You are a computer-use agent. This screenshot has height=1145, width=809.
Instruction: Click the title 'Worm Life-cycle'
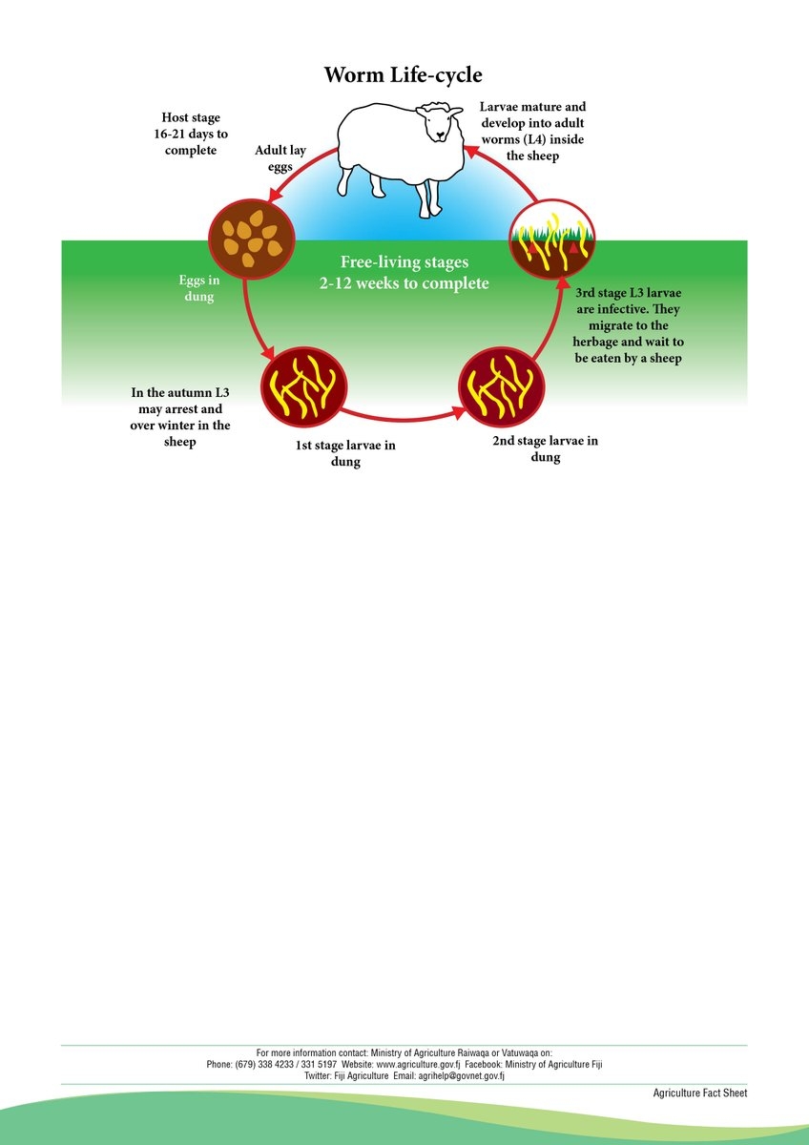click(404, 75)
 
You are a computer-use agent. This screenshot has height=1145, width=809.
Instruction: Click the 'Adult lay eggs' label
click(280, 158)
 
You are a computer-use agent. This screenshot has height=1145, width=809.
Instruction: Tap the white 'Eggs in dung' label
click(198, 288)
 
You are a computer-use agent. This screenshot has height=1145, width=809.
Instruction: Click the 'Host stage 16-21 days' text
click(191, 134)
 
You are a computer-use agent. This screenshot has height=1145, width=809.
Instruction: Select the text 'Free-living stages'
click(404, 261)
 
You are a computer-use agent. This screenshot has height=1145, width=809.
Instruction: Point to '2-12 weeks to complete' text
click(404, 283)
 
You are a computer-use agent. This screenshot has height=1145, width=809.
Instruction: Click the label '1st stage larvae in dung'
click(345, 453)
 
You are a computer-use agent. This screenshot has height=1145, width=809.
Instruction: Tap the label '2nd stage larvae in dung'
click(545, 448)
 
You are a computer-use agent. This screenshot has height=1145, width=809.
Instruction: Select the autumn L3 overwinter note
click(180, 417)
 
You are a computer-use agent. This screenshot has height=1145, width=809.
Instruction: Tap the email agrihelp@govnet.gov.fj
click(461, 1075)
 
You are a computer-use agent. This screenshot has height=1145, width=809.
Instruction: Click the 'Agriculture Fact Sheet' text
click(699, 1093)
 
